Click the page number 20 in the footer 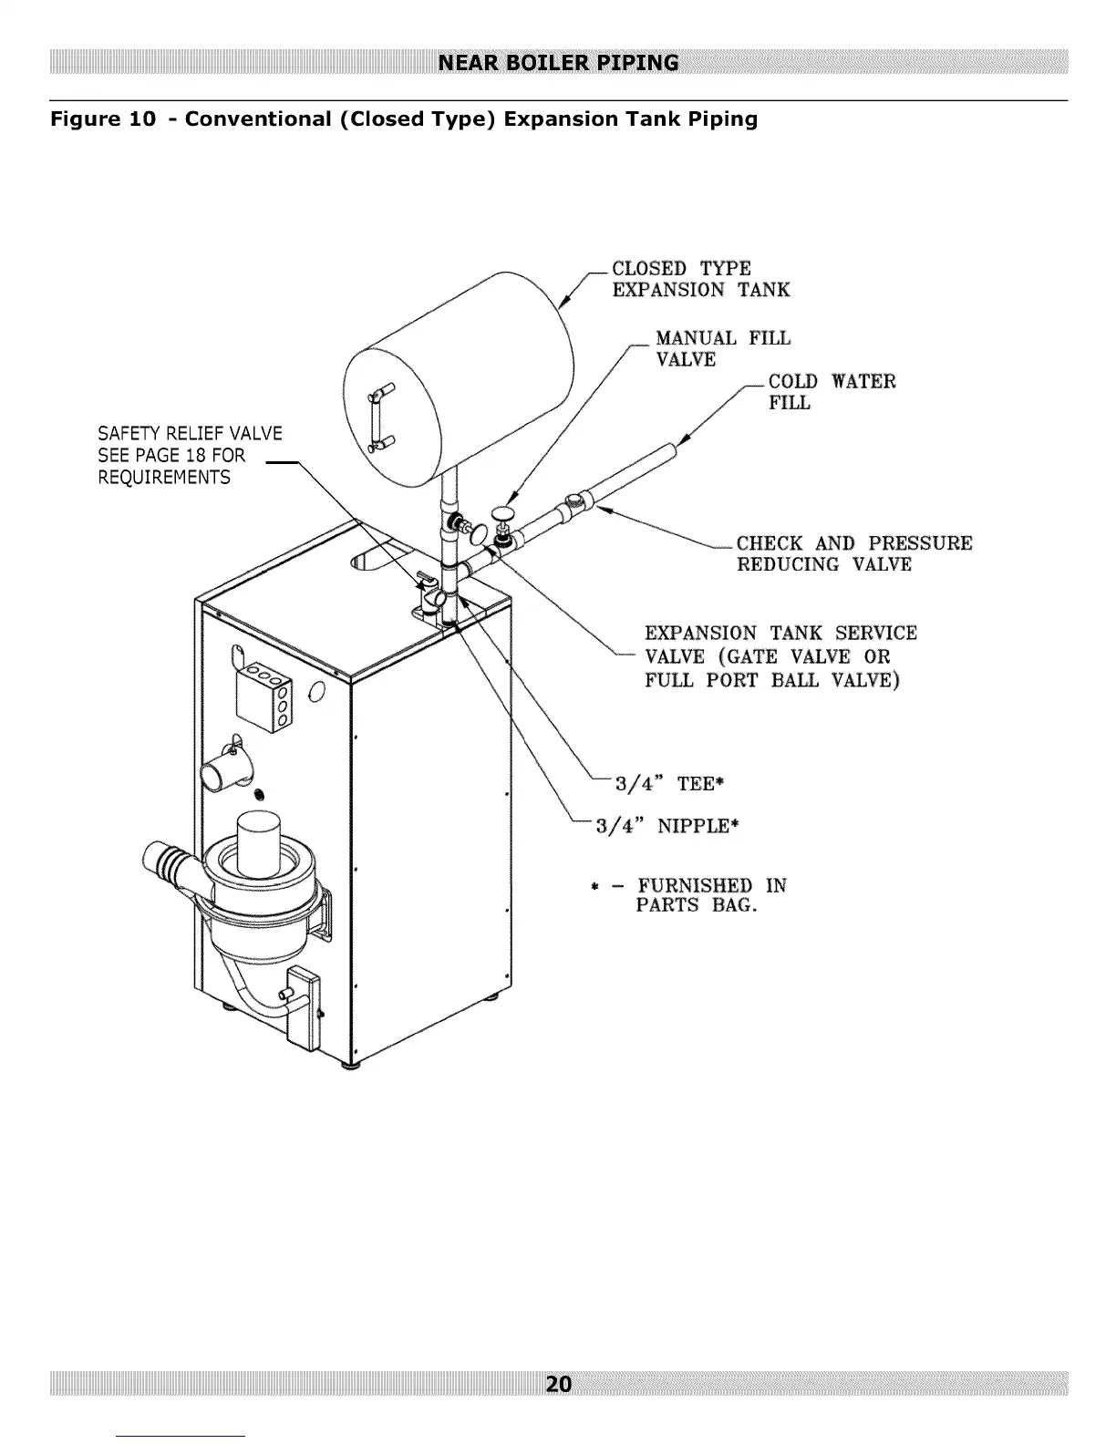pyautogui.click(x=558, y=1384)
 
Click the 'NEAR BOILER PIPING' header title pyautogui.click(x=558, y=63)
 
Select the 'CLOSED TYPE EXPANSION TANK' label pyautogui.click(x=700, y=279)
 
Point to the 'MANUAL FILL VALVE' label pyautogui.click(x=722, y=349)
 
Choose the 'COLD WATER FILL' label pyautogui.click(x=832, y=392)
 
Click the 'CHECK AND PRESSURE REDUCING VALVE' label pyautogui.click(x=853, y=553)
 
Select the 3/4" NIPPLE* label pyautogui.click(x=666, y=826)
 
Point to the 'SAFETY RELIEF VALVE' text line pyautogui.click(x=190, y=433)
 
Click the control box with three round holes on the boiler pyautogui.click(x=264, y=698)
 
